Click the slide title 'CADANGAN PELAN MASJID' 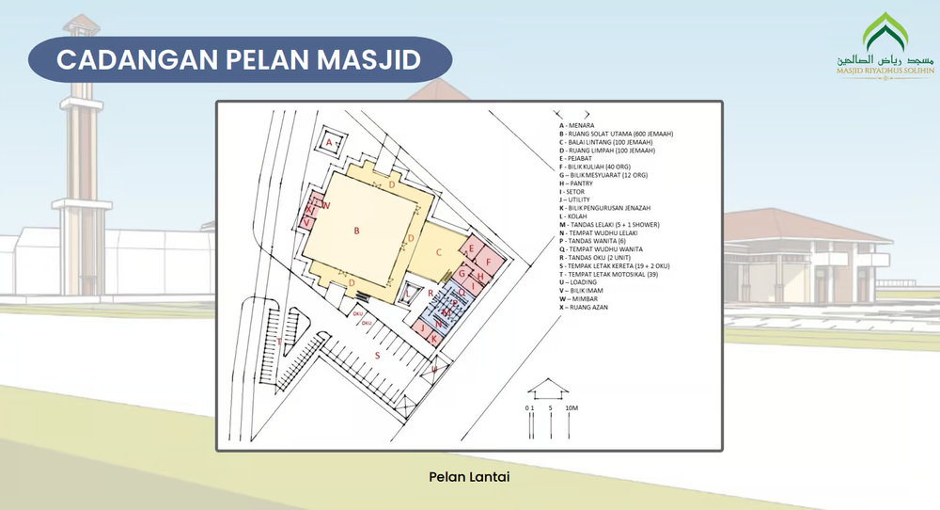tap(238, 58)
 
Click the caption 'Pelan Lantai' tap(469, 477)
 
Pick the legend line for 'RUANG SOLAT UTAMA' tap(616, 134)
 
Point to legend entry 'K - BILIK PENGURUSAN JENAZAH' tap(611, 207)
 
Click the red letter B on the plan tap(357, 230)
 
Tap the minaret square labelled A tap(329, 142)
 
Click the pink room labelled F tap(489, 262)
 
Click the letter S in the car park tap(378, 355)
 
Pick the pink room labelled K tap(433, 337)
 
